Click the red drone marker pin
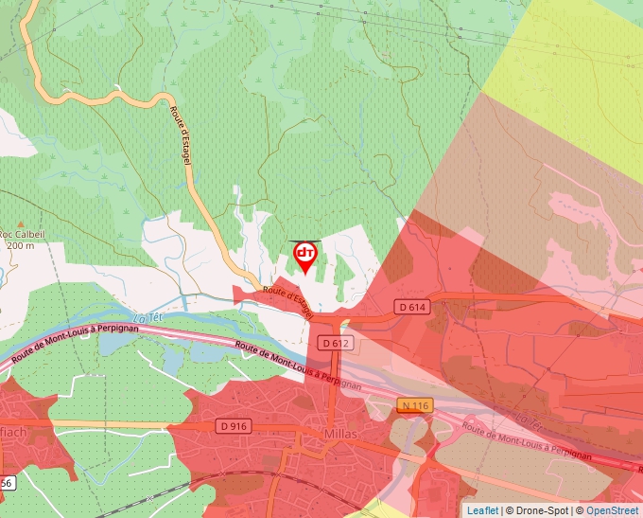click(305, 256)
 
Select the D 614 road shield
click(413, 307)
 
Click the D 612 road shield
click(335, 343)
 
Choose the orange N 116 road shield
click(414, 405)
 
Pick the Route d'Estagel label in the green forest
click(181, 136)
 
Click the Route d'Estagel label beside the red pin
click(288, 301)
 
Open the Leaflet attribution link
click(482, 510)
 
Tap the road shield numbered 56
click(6, 483)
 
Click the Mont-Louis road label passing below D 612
click(297, 365)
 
